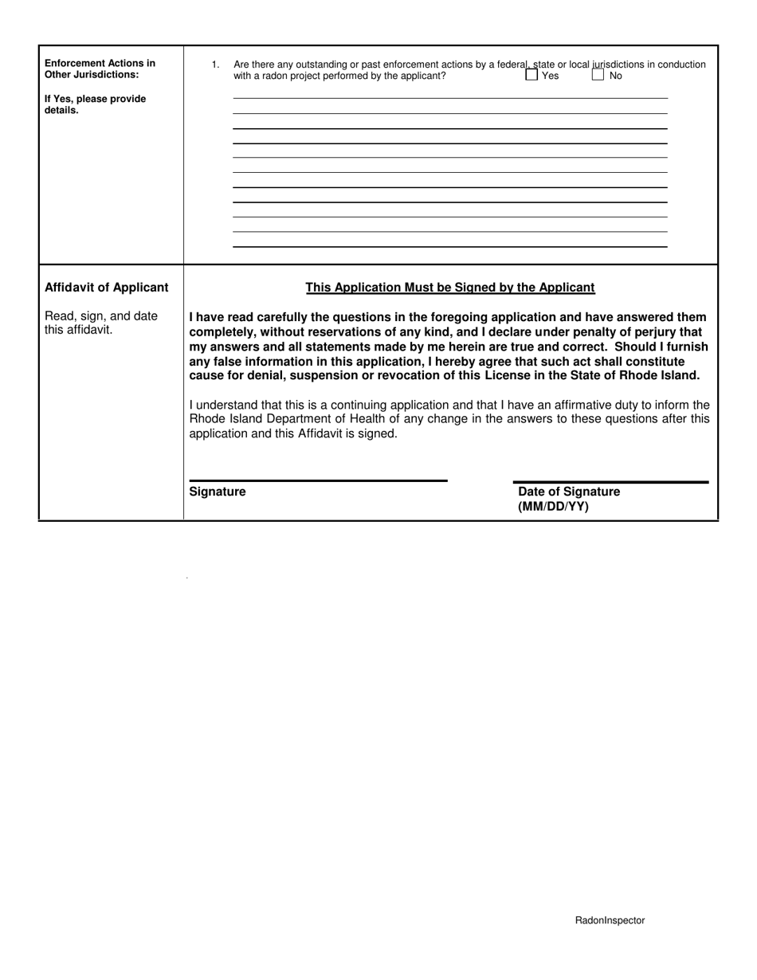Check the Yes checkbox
coord(531,76)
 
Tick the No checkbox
coord(598,76)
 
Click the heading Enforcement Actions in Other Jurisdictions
coord(100,69)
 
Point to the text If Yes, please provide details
coord(95,104)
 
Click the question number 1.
coord(215,65)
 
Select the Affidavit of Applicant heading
coord(107,288)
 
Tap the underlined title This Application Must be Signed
coord(450,288)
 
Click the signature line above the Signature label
coord(318,480)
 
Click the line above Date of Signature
coord(610,481)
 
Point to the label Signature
coord(218,492)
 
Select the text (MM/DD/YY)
coord(553,507)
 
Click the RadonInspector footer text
coord(610,920)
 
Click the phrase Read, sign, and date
coord(101,316)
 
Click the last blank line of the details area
coord(450,246)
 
